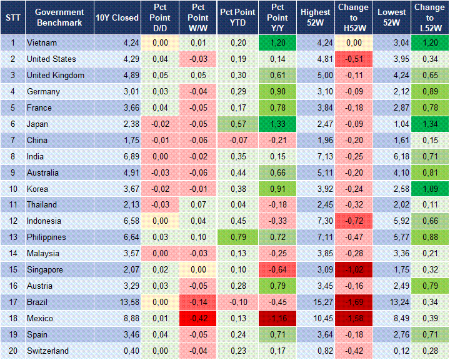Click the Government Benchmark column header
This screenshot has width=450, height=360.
click(59, 17)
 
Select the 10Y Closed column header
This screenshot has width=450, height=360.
click(117, 17)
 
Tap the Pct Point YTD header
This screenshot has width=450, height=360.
click(237, 17)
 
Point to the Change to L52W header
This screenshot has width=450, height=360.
click(429, 17)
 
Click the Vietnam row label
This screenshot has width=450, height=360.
click(42, 43)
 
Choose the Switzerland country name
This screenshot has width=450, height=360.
click(47, 351)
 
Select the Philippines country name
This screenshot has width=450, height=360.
click(47, 237)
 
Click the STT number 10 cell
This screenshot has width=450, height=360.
click(12, 189)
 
